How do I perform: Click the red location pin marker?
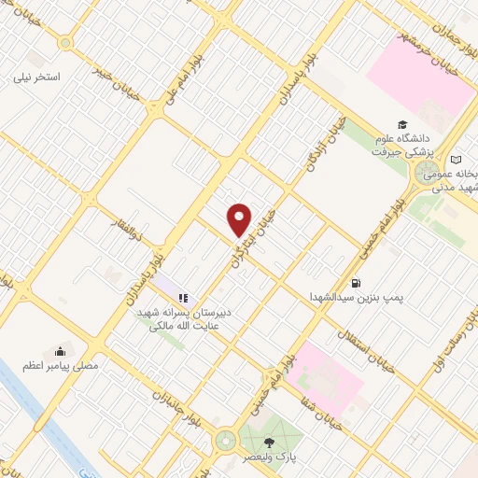point(240,219)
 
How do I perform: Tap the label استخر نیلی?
point(40,76)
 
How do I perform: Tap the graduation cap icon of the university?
point(402,124)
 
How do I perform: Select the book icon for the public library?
point(456,159)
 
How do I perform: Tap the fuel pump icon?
point(356,282)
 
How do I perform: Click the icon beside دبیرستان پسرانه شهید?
point(182,298)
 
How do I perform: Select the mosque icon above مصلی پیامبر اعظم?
point(61,351)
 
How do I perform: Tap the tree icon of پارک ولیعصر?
point(270,443)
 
